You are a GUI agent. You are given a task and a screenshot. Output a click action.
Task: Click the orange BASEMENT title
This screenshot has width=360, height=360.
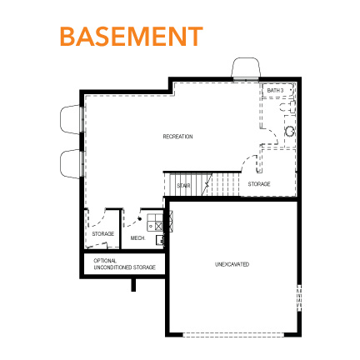pyautogui.click(x=131, y=37)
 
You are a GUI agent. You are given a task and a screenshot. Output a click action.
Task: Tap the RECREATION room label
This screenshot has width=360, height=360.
pyautogui.click(x=177, y=136)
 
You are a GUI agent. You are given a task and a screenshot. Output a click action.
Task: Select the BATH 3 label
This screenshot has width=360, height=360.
pyautogui.click(x=276, y=90)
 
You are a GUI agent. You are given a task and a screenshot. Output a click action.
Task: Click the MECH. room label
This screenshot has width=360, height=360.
pyautogui.click(x=137, y=237)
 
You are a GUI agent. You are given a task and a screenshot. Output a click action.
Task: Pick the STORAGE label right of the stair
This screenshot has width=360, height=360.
pyautogui.click(x=259, y=183)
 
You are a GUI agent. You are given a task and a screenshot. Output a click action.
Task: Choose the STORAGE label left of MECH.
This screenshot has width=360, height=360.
pyautogui.click(x=103, y=234)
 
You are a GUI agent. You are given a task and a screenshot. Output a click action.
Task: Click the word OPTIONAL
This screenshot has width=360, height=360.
pyautogui.click(x=105, y=261)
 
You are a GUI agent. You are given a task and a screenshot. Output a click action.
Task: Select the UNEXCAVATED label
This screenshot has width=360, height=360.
pyautogui.click(x=232, y=264)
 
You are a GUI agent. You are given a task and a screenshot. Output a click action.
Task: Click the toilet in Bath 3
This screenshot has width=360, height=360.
pyautogui.click(x=290, y=131)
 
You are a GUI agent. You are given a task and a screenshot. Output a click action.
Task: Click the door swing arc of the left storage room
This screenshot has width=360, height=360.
pyautogui.click(x=99, y=217)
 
